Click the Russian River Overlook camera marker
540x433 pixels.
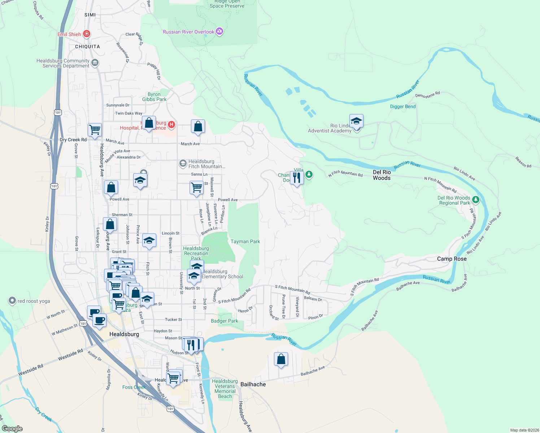tap(219, 32)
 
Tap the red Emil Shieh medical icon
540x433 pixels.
tap(86, 34)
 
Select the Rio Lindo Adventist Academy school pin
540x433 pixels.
tap(356, 121)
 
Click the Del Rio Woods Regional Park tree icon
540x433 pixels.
tap(476, 200)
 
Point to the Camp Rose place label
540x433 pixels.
tap(452, 259)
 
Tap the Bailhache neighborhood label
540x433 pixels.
tap(253, 384)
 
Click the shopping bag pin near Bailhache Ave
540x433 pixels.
tap(281, 360)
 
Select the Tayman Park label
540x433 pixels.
tap(245, 241)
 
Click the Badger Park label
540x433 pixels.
tap(224, 321)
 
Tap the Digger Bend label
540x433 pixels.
tap(403, 106)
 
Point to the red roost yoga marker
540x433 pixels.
tap(12, 301)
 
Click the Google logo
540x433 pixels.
tap(12, 429)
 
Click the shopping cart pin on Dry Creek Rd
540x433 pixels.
tap(95, 130)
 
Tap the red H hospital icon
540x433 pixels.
tap(171, 125)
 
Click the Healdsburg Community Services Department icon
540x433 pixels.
tap(95, 63)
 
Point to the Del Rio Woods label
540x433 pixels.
tap(382, 175)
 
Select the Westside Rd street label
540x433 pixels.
tap(70, 355)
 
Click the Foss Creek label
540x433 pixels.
tap(134, 387)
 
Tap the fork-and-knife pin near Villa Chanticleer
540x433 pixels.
tap(297, 178)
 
